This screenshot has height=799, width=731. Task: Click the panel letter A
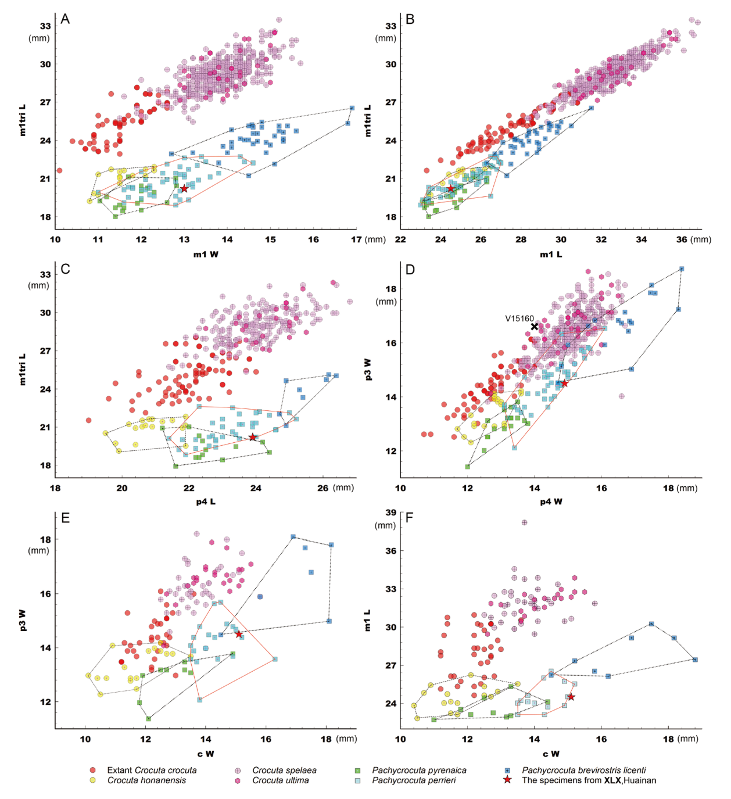tap(65, 19)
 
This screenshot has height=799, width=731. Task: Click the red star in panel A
tap(184, 188)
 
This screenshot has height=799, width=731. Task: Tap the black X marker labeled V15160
tap(535, 327)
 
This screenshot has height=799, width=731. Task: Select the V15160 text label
tap(519, 318)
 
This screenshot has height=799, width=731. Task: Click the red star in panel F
tap(571, 697)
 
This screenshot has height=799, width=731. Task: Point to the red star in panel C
tap(253, 437)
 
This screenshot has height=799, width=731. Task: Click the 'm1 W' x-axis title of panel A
tap(206, 254)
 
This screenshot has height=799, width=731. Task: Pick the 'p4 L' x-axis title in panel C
tap(206, 501)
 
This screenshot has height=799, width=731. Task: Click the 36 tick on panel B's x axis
tap(682, 239)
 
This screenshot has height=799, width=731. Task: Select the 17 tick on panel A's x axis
tap(356, 239)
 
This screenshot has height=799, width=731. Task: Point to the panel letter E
tap(65, 518)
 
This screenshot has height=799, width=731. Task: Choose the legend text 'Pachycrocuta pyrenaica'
tap(419, 771)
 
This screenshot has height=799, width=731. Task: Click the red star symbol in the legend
tap(508, 780)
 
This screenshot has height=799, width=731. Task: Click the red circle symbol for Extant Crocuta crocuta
tap(92, 771)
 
